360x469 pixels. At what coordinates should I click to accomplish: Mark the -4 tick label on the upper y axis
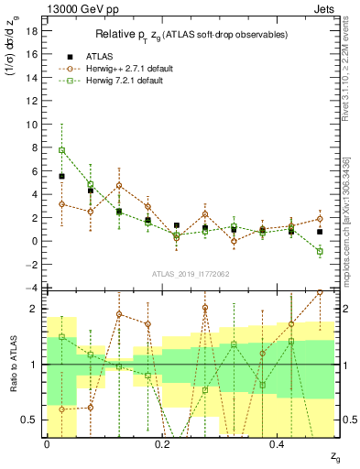tap(29, 288)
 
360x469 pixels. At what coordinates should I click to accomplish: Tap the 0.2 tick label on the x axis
tap(162, 443)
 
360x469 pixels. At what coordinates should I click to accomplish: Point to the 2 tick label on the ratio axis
tap(31, 309)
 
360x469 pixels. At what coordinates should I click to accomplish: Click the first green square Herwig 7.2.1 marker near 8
tap(61, 150)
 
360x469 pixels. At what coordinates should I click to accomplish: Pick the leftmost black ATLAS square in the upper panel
tap(61, 176)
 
